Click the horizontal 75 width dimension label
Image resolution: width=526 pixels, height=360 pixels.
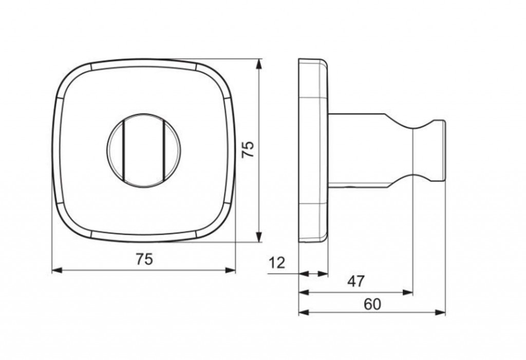tap(144, 259)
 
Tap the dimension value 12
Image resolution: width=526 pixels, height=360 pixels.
tap(276, 263)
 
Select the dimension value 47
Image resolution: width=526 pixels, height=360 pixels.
tap(356, 281)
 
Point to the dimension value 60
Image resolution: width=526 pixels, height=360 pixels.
tap(372, 304)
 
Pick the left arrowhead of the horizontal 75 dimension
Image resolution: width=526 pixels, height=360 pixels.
tap(57, 270)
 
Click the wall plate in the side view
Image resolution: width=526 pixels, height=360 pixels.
tap(313, 150)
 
